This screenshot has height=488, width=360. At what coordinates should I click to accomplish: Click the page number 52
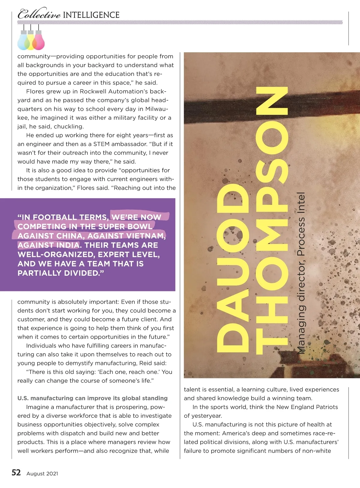click(x=16, y=473)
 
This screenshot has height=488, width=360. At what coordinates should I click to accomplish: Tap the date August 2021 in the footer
click(x=42, y=474)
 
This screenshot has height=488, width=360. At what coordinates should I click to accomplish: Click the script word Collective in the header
click(x=39, y=14)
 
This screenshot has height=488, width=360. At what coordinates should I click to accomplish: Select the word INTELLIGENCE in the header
click(x=91, y=15)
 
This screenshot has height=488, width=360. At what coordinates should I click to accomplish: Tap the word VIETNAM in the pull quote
click(x=146, y=236)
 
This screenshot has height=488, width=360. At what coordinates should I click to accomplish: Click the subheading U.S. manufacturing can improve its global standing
click(x=92, y=398)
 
